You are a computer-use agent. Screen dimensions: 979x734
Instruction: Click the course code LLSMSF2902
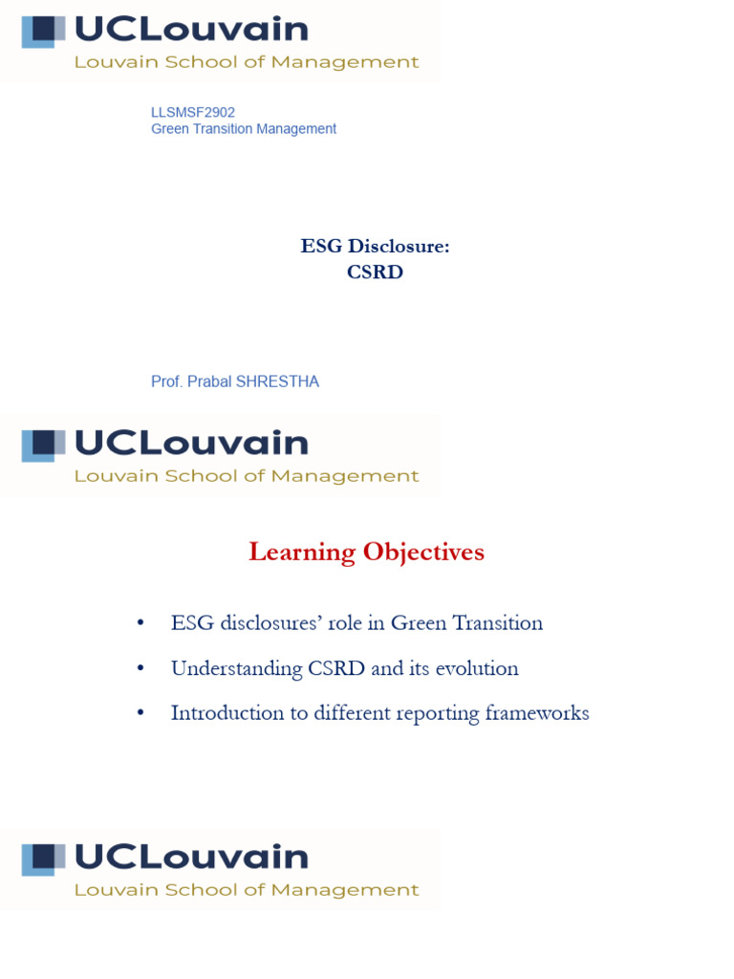[193, 112]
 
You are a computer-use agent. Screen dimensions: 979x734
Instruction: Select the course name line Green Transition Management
[244, 129]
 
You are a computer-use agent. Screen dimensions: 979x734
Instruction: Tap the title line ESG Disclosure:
[375, 247]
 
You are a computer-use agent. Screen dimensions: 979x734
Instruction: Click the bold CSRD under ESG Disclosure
[375, 272]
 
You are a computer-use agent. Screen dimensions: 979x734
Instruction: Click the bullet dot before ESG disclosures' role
[140, 623]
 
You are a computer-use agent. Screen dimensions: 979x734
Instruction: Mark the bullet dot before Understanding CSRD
[140, 668]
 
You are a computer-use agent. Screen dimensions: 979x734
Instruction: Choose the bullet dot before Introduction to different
[140, 713]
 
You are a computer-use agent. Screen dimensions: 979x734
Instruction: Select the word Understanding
[223, 668]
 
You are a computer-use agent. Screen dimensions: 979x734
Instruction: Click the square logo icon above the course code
[43, 32]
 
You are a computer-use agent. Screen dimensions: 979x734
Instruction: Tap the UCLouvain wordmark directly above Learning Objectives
[191, 444]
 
